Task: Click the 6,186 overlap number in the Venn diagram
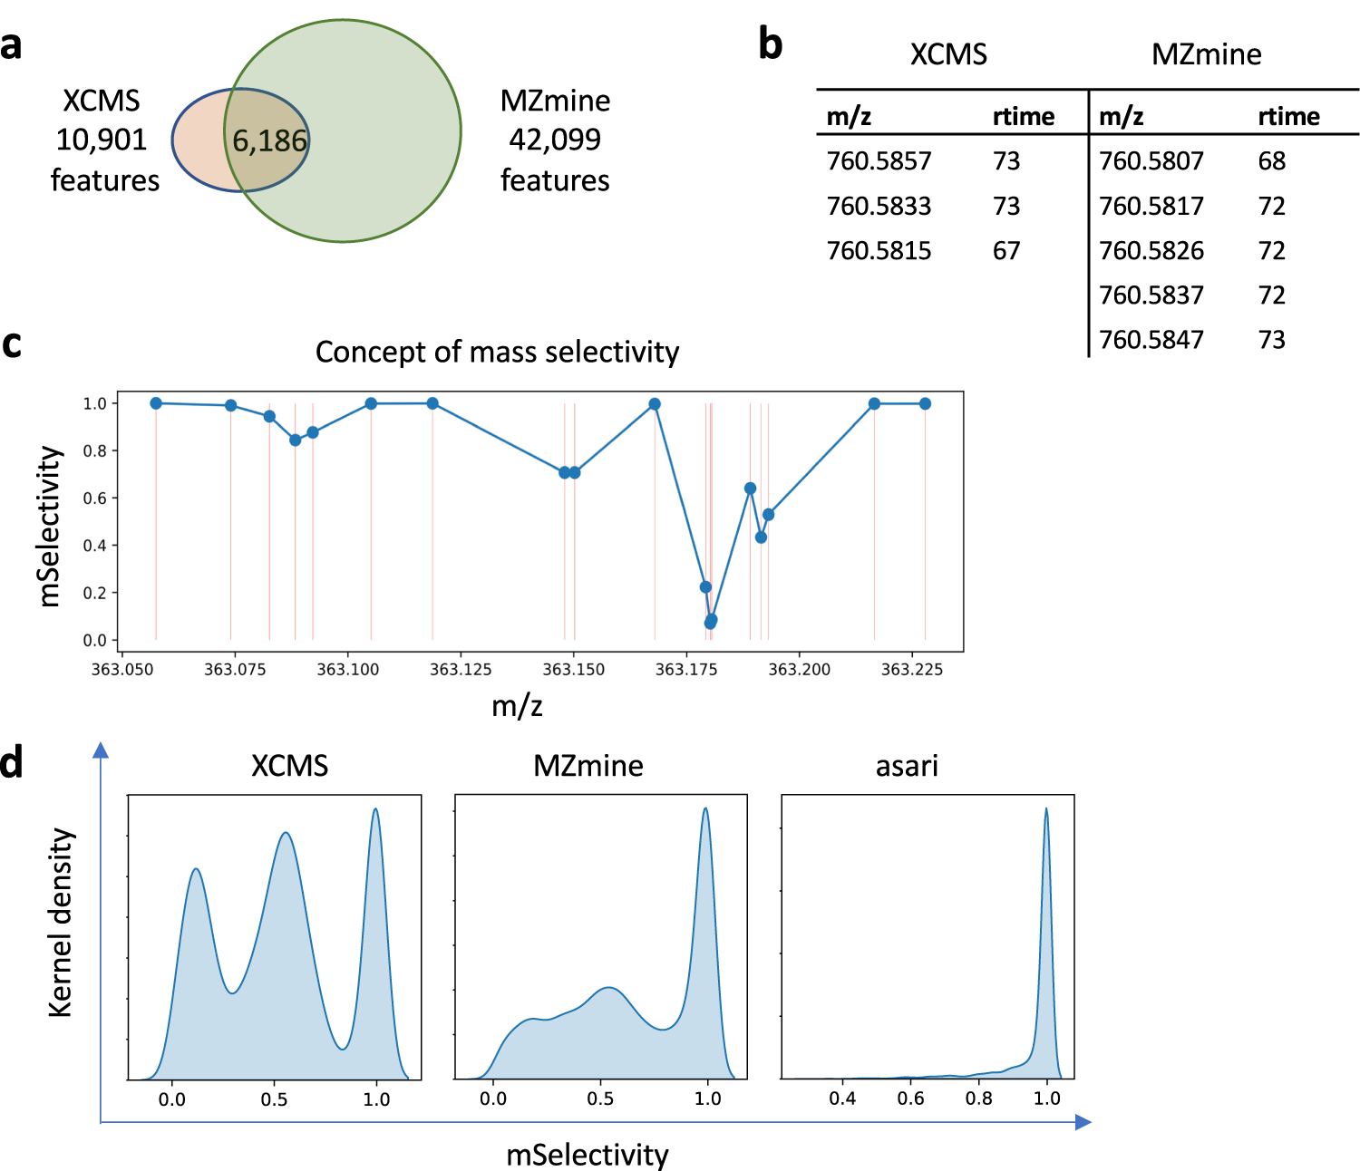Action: coord(269,141)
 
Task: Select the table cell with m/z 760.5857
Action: coord(879,161)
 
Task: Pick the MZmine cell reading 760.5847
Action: coord(1151,340)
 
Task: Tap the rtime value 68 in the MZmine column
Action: coord(1271,161)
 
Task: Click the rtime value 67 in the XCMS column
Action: coord(1005,251)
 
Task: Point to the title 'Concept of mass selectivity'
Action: coord(497,352)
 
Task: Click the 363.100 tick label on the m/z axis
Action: coord(348,670)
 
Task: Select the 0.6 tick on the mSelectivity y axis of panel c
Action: coord(94,498)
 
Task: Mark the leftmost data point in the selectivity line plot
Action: coord(156,403)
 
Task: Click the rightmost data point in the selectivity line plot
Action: coord(925,404)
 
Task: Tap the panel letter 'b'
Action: coord(770,44)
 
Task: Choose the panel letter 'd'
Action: coord(12,763)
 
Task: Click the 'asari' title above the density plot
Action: coord(907,766)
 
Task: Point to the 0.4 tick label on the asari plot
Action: coord(842,1098)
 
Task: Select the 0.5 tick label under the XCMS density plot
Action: coord(274,1099)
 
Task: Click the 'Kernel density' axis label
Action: coord(60,922)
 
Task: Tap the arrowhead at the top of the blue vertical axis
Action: coord(101,750)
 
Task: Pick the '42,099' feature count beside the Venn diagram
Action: coord(555,140)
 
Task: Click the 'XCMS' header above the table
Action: coord(948,54)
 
